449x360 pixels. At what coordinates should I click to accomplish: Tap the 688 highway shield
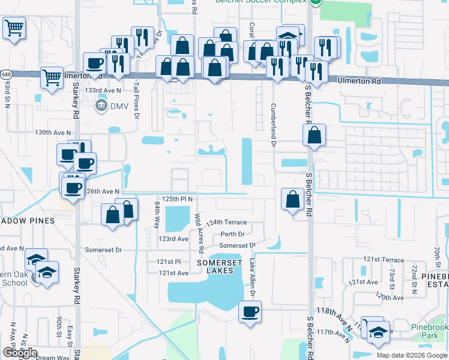[x=6, y=74]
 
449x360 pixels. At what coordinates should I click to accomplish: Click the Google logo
[x=20, y=353]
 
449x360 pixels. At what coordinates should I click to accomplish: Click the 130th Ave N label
[x=53, y=132]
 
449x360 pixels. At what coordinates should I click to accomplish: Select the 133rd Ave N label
[x=103, y=90]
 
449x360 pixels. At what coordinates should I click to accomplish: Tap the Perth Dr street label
[x=232, y=234]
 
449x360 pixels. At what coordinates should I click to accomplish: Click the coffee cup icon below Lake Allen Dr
[x=249, y=312]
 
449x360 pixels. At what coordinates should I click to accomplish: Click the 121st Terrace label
[x=384, y=259]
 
